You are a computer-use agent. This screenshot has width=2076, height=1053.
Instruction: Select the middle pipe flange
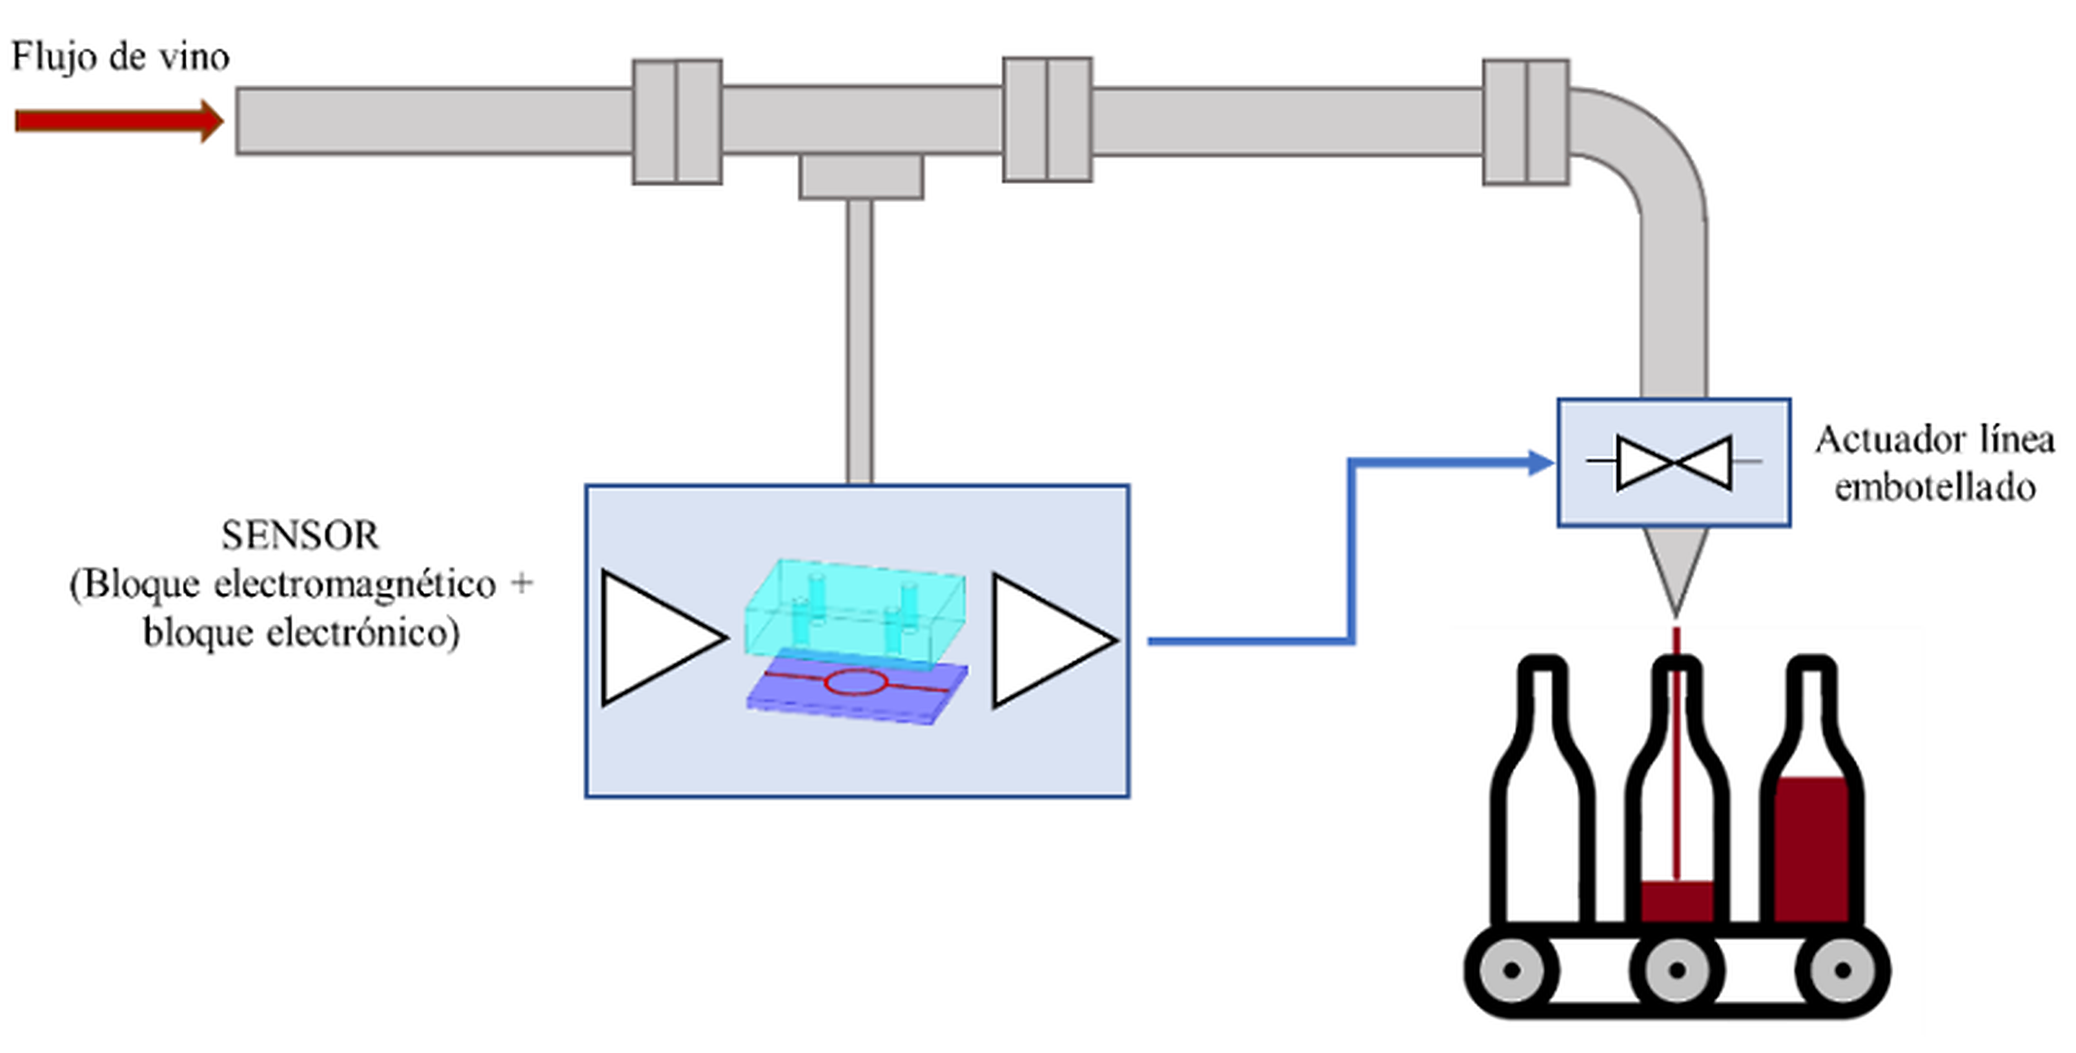1047,119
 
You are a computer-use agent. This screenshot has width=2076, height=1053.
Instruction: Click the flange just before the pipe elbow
1525,122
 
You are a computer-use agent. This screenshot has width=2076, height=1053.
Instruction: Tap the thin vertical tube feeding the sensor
860,338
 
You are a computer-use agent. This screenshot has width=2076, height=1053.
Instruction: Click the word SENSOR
300,536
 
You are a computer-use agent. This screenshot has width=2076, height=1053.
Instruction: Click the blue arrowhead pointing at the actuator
1541,463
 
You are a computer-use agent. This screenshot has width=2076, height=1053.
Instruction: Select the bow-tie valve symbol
1674,463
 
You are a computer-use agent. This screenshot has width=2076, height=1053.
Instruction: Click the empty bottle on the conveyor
1543,806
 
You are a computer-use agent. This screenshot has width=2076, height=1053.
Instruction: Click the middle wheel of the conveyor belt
1677,970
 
